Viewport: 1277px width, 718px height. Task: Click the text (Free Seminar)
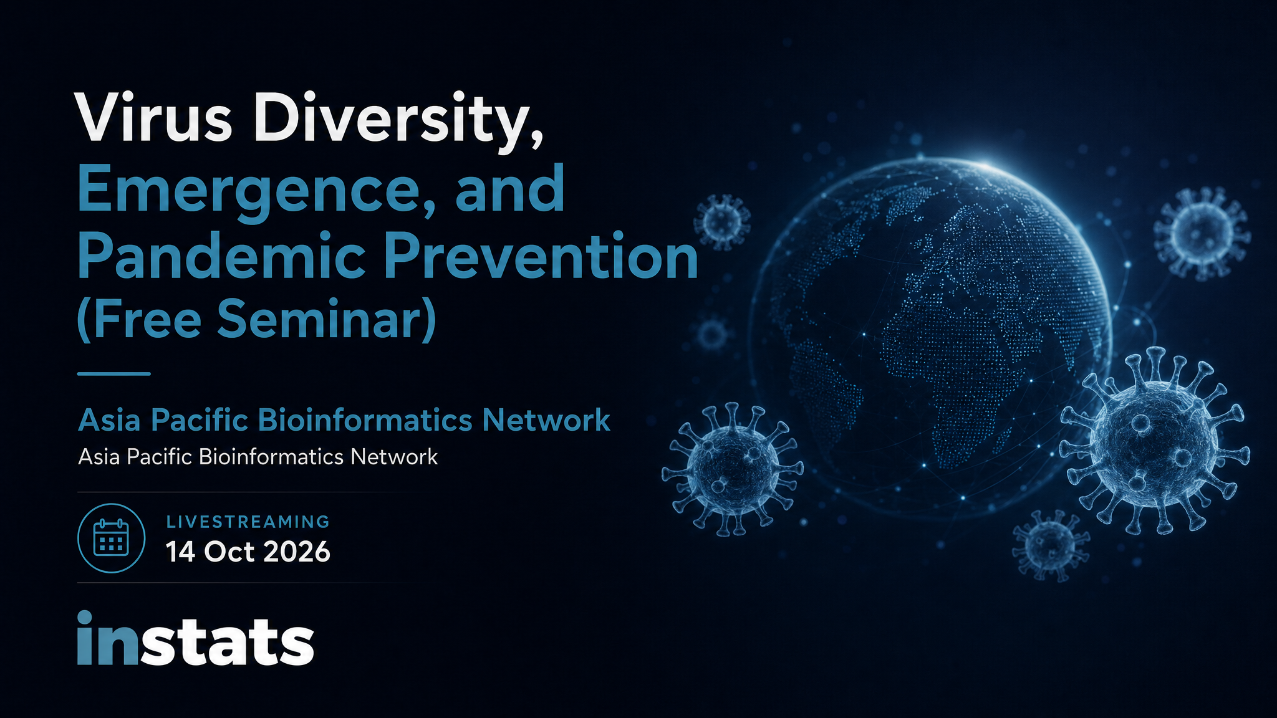point(256,319)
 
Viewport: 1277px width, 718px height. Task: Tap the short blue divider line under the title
point(114,374)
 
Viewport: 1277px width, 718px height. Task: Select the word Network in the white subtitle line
point(394,457)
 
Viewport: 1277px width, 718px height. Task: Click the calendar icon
point(111,538)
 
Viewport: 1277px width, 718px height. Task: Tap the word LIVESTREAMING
point(248,522)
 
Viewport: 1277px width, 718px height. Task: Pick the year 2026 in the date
point(297,552)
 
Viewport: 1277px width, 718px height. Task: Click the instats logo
point(195,638)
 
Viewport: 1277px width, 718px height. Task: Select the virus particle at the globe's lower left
point(732,469)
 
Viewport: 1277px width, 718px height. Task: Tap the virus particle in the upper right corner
point(1202,232)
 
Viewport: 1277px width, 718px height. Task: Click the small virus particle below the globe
point(1051,545)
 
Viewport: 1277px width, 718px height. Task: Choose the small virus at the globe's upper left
point(722,219)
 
